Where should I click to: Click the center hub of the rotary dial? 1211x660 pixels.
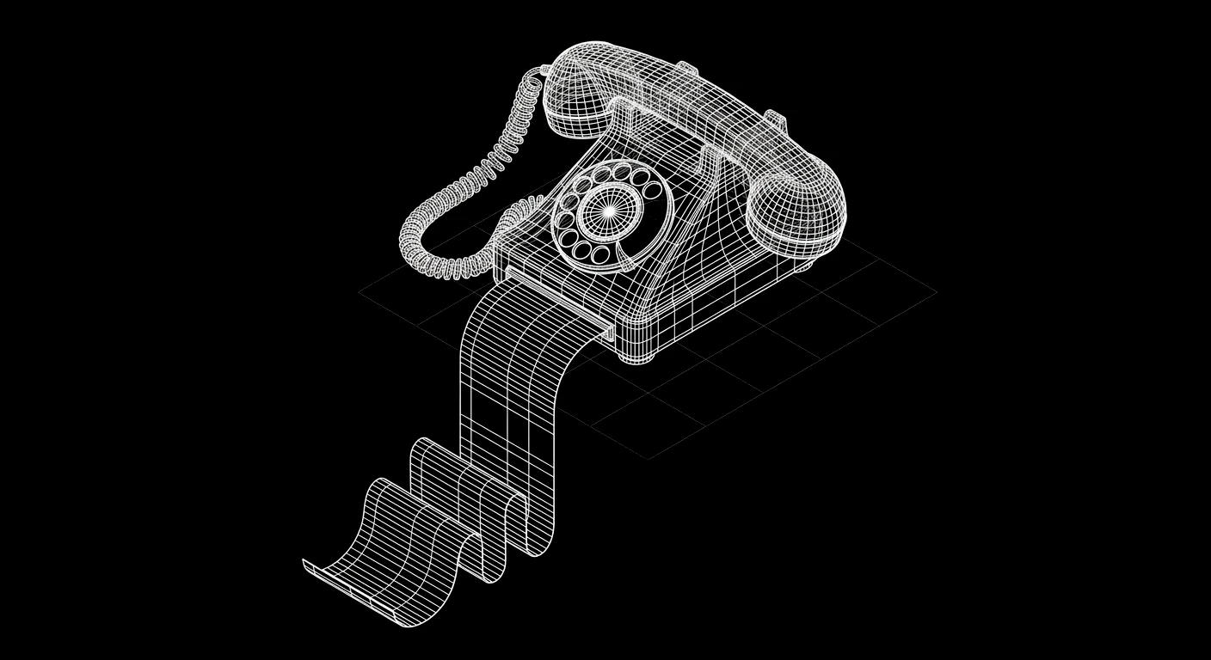[608, 211]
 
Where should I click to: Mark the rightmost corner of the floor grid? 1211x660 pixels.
[936, 291]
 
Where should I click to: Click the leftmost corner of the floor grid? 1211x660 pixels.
[360, 292]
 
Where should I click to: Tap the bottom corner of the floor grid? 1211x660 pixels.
[649, 457]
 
